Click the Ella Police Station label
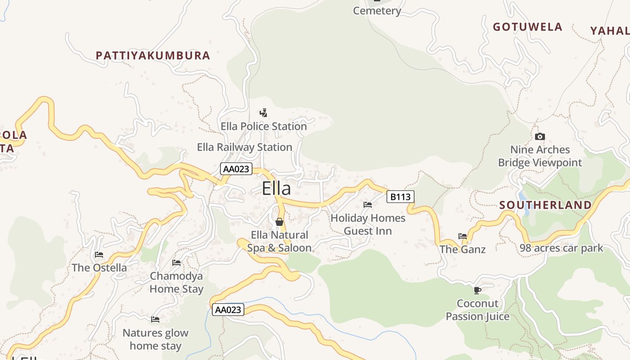tap(263, 126)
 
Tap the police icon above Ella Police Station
tap(264, 112)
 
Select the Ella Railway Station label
tap(244, 147)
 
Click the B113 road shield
tap(400, 197)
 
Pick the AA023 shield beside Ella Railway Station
tap(236, 169)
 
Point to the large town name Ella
tap(276, 189)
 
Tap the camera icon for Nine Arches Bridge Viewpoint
tap(540, 136)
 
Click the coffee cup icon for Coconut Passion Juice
tap(477, 290)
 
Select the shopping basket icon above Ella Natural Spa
tap(279, 222)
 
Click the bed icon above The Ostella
tap(99, 255)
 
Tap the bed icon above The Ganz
tap(462, 236)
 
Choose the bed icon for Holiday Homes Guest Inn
tap(368, 205)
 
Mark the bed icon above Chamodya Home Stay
tap(176, 263)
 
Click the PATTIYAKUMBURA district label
tap(153, 55)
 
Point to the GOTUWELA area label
tap(527, 27)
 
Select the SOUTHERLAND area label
tap(545, 205)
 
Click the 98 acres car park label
tap(561, 248)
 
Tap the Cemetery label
tap(377, 11)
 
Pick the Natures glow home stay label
tap(155, 339)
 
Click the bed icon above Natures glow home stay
tap(155, 319)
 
